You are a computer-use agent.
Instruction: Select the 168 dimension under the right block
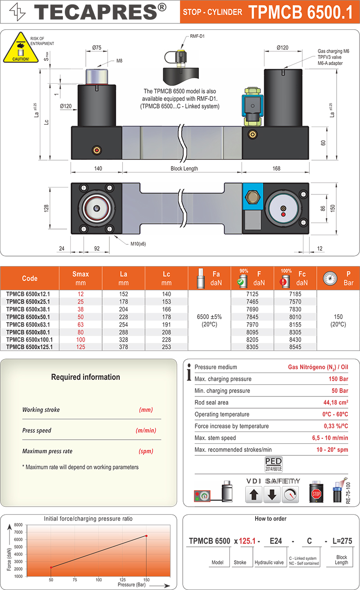276,168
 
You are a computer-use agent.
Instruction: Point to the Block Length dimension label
184,168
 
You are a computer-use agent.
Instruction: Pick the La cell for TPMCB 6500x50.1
123,317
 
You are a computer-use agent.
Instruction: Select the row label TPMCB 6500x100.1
30,339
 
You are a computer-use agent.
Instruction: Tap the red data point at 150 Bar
146,536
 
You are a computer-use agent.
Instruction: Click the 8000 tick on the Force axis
18,525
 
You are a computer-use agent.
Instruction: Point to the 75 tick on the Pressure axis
75,580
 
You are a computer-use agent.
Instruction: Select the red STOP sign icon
315,494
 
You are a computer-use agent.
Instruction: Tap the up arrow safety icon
254,495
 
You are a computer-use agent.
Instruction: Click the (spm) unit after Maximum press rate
146,451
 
